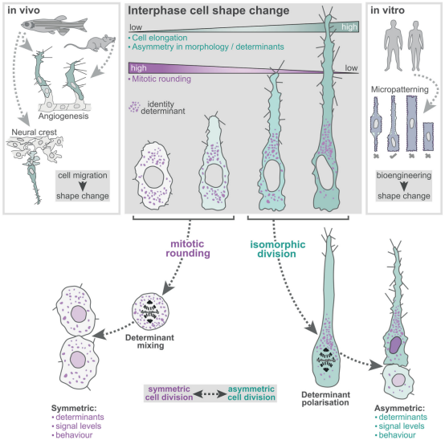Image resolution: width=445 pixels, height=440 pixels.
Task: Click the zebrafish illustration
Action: click(x=54, y=25)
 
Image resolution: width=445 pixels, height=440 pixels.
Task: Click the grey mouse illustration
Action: click(x=91, y=43)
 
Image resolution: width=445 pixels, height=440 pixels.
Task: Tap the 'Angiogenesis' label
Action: click(x=63, y=116)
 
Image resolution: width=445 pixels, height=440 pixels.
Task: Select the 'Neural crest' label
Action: click(x=34, y=132)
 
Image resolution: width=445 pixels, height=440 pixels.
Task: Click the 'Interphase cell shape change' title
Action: click(x=209, y=10)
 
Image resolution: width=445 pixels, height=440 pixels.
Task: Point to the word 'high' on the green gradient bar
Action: click(x=349, y=27)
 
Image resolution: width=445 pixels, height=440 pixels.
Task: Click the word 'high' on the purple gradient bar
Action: click(x=139, y=68)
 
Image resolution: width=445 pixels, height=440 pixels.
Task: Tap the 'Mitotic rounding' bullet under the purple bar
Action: click(x=160, y=79)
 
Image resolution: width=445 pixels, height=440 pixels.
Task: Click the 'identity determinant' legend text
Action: click(x=163, y=108)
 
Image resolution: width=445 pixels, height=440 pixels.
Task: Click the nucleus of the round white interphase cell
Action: click(x=153, y=177)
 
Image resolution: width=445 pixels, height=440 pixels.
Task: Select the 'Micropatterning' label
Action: click(x=399, y=90)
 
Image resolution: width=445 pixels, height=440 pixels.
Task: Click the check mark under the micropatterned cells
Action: click(x=393, y=156)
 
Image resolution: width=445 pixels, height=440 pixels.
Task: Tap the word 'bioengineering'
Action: click(x=404, y=175)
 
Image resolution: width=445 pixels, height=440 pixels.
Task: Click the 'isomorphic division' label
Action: click(x=278, y=249)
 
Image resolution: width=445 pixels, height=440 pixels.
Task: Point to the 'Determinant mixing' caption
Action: click(x=149, y=341)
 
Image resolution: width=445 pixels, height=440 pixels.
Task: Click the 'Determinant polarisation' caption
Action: click(x=325, y=398)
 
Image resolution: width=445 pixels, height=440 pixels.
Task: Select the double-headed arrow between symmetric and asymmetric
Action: click(x=210, y=394)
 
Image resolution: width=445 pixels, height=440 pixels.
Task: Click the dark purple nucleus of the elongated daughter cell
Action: click(x=395, y=345)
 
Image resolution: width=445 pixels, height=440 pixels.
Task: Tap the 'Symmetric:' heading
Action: click(x=74, y=408)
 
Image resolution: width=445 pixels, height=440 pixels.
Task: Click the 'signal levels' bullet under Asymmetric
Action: click(x=399, y=426)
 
